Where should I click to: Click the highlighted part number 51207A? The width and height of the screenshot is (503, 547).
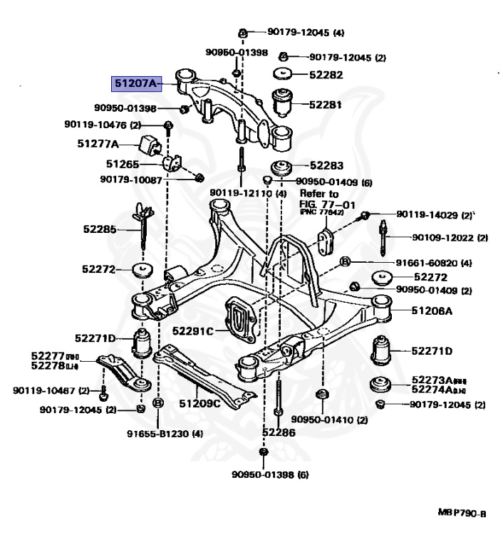pos(136,83)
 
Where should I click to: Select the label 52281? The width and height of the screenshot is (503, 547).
pos(326,104)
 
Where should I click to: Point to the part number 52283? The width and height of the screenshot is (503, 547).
pos(326,165)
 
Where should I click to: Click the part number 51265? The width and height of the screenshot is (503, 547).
pos(122,163)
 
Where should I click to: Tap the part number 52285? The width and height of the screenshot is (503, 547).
pos(98,229)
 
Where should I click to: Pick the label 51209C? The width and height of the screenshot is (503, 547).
pos(199,404)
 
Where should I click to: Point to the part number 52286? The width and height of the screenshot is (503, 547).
pos(278,432)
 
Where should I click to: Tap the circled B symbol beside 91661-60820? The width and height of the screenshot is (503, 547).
pos(345,262)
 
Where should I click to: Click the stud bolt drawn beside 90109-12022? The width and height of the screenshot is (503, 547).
pos(383,237)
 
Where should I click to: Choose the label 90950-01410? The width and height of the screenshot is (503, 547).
pos(320,420)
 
